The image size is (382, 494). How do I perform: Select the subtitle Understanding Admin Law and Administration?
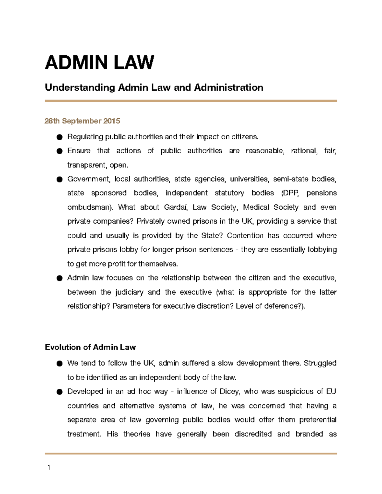tap(154, 87)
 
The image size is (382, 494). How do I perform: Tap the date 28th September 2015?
tap(82, 121)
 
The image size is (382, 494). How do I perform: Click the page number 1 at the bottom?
tap(49, 467)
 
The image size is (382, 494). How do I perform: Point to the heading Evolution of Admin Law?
tap(90, 347)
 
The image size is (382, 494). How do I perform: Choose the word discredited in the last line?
tap(253, 434)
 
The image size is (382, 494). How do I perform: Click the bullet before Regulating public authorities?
tap(59, 137)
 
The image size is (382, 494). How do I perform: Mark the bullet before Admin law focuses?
tap(59, 278)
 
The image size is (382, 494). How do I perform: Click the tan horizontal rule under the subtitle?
tap(191, 101)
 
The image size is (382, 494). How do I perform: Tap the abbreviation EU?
tap(331, 392)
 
